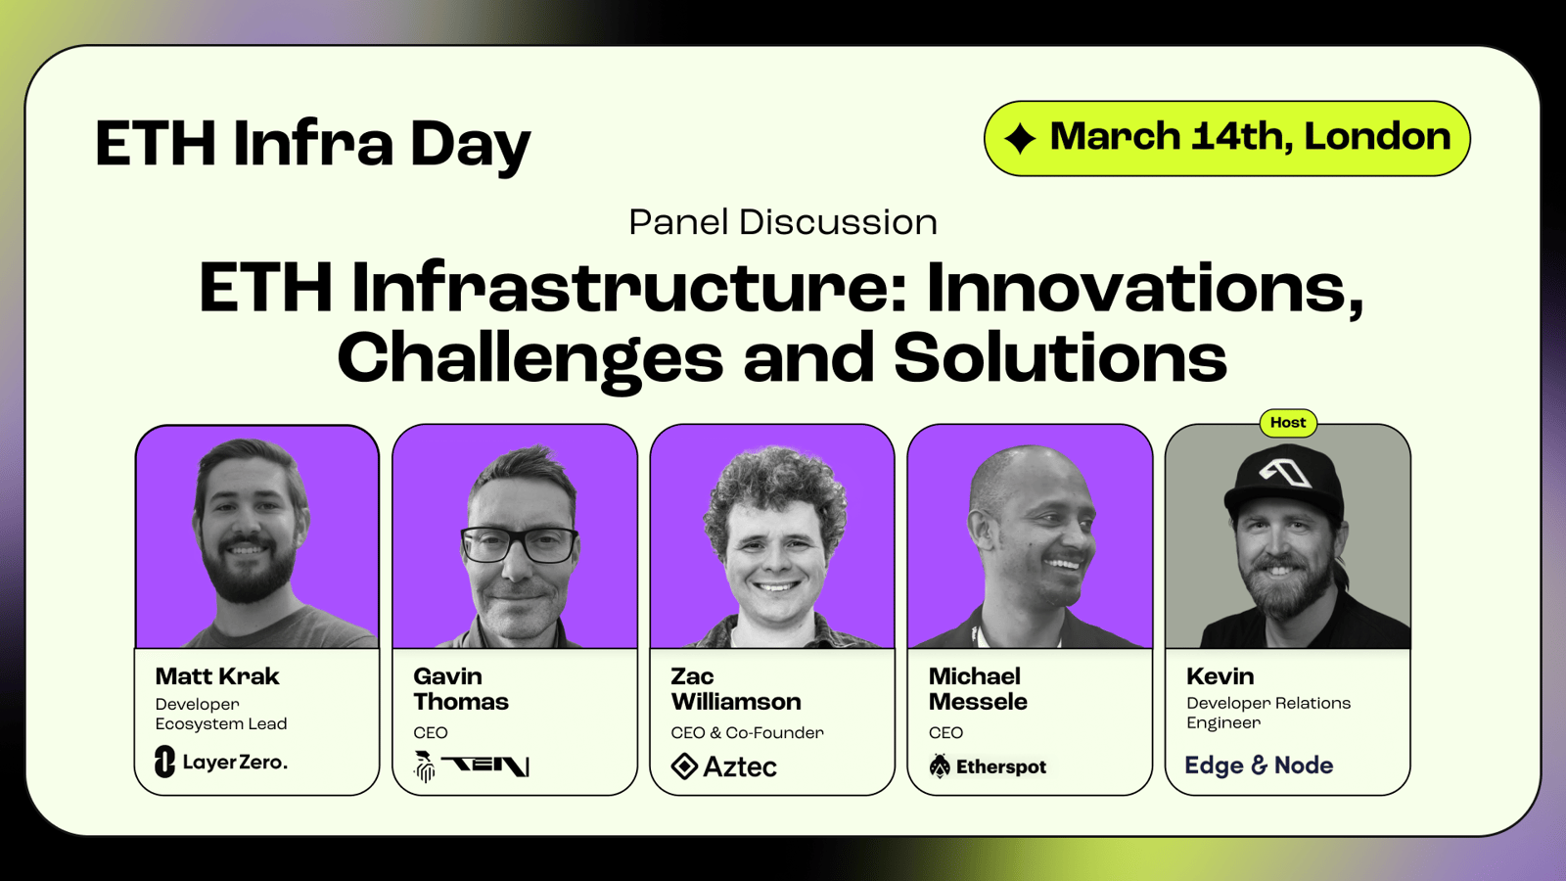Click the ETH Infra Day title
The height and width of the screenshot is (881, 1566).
tap(313, 145)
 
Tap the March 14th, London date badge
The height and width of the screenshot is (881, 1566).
tap(1227, 138)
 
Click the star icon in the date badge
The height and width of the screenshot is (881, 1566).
tap(1020, 138)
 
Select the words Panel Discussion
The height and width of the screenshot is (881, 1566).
tap(783, 222)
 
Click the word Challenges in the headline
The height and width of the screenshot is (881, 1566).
tap(530, 359)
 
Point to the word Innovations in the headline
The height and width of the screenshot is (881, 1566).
tap(1145, 288)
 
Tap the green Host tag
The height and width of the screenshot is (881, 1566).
tap(1288, 422)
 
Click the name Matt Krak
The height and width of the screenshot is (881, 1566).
tap(216, 676)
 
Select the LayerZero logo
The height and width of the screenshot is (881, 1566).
tap(221, 762)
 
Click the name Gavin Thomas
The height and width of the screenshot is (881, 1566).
tap(461, 689)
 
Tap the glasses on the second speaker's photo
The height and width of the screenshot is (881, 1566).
tap(519, 545)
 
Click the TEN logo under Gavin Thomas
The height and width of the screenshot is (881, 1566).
tap(472, 765)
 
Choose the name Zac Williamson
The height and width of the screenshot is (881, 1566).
tap(735, 689)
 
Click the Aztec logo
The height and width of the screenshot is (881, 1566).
tap(723, 766)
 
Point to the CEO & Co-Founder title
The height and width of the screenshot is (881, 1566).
tap(748, 733)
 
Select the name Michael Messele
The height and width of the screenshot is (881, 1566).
tap(978, 689)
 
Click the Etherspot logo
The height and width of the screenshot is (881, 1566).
tap(988, 766)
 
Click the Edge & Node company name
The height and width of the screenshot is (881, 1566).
tap(1259, 765)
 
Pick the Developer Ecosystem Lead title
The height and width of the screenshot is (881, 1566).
tap(221, 714)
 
